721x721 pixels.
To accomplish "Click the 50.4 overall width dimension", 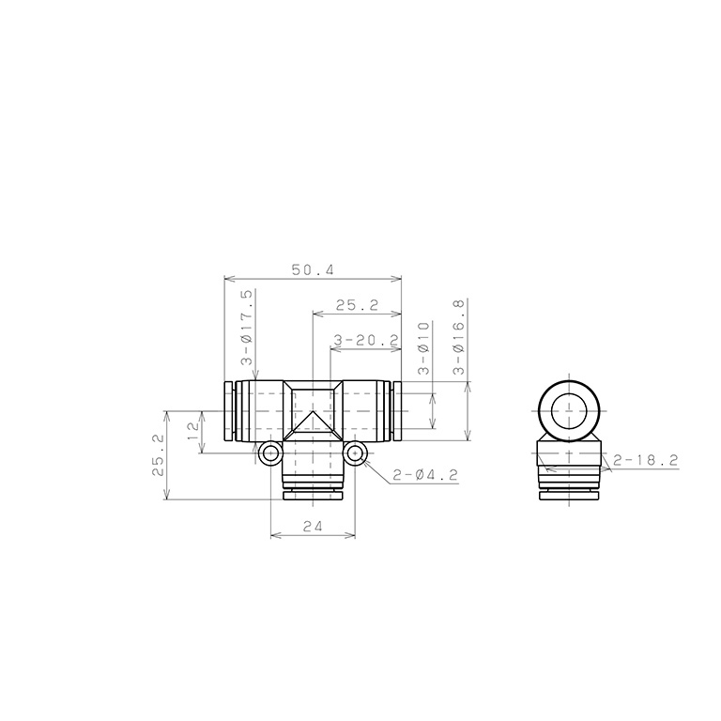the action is [313, 270].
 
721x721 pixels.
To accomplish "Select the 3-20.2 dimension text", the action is [365, 340].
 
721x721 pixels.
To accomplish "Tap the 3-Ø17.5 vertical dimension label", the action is [247, 327].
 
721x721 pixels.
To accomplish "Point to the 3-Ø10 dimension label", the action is [423, 348].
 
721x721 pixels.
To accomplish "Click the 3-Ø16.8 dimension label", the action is [459, 337].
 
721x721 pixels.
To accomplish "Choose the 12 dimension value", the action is [193, 431].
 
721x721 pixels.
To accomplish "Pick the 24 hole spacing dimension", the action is [313, 526].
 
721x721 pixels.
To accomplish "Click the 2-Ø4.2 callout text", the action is [425, 475].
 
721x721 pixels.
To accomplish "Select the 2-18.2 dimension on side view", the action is [646, 460].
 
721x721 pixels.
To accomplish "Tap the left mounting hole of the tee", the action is [270, 453].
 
